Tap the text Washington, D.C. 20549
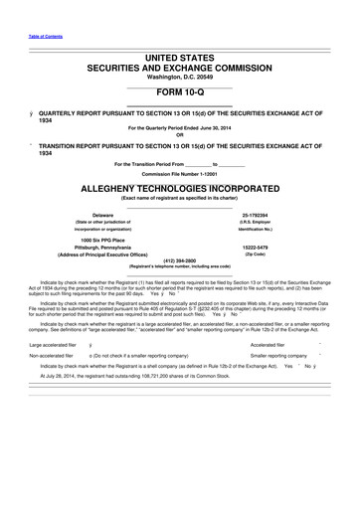(180, 78)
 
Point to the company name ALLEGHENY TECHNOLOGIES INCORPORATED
(180, 187)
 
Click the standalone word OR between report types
(180, 136)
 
